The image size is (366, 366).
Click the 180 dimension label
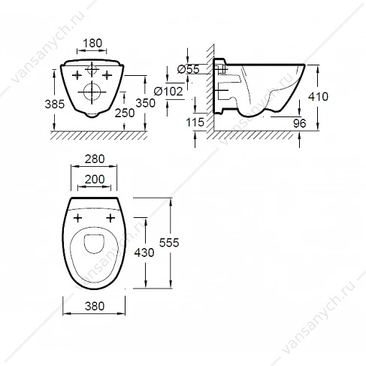(x=92, y=43)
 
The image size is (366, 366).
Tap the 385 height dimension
(x=55, y=104)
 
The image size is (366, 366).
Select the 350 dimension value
(x=146, y=103)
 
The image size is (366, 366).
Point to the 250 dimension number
(x=125, y=113)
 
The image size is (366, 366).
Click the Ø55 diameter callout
(x=189, y=69)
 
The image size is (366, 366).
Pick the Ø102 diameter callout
(x=168, y=91)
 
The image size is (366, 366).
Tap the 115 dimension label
(x=195, y=123)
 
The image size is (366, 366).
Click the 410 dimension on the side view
(x=318, y=96)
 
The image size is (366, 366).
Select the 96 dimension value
(x=300, y=123)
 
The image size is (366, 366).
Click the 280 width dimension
(x=95, y=159)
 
